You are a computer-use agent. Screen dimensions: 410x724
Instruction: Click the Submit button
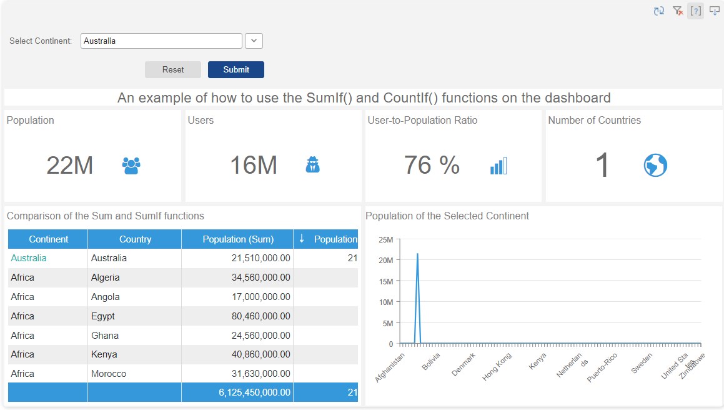[x=236, y=69]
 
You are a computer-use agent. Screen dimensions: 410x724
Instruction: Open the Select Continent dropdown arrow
[x=254, y=41]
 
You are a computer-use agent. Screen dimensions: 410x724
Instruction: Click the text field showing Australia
[x=161, y=41]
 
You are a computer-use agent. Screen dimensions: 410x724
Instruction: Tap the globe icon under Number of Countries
[x=655, y=166]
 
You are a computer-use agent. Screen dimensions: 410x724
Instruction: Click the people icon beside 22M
[x=131, y=166]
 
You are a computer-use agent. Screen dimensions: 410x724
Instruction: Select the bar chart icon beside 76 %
[x=498, y=166]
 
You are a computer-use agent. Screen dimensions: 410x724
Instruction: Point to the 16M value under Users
[x=254, y=166]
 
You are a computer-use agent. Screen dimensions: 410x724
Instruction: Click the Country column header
[x=135, y=239]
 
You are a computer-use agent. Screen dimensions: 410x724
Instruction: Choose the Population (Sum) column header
[x=237, y=239]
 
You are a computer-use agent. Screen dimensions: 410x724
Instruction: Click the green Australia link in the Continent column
[x=29, y=258]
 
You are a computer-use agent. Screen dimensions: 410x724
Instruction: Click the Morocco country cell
[x=109, y=374]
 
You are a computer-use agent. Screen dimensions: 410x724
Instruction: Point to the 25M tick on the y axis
[x=385, y=240]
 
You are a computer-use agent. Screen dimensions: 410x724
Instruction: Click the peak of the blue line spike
[x=417, y=254]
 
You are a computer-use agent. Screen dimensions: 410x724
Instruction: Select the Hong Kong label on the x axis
[x=497, y=366]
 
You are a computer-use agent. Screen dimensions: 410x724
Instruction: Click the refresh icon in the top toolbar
[x=658, y=11]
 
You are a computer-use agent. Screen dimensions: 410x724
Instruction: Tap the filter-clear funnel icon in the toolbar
[x=677, y=11]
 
